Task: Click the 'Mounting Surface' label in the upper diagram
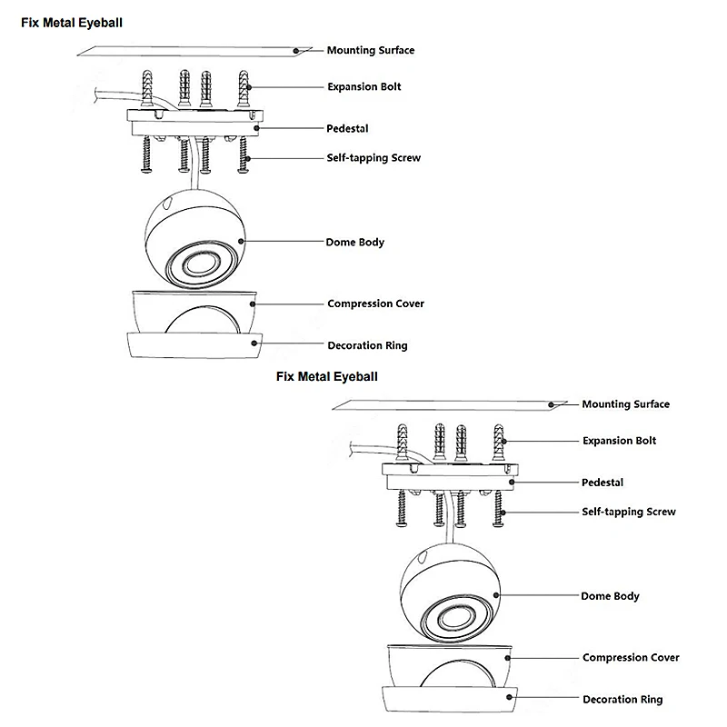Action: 371,50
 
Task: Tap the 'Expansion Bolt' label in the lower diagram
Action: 620,441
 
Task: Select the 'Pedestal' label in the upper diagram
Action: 347,128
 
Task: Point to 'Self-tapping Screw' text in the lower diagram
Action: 629,512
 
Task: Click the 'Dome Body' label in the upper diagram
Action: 354,242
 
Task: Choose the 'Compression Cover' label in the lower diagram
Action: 631,657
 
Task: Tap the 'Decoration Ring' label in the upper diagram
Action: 367,345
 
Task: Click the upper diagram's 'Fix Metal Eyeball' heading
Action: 72,23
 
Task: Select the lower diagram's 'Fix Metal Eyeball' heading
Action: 327,376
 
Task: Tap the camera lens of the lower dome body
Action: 456,618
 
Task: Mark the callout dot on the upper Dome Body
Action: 241,241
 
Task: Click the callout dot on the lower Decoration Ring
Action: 509,697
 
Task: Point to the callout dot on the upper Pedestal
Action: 256,128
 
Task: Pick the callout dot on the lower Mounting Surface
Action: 551,404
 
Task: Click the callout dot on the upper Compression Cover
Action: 253,304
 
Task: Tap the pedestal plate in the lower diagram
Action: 450,475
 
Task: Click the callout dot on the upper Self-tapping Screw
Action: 248,158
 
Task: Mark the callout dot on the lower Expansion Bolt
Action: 504,442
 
